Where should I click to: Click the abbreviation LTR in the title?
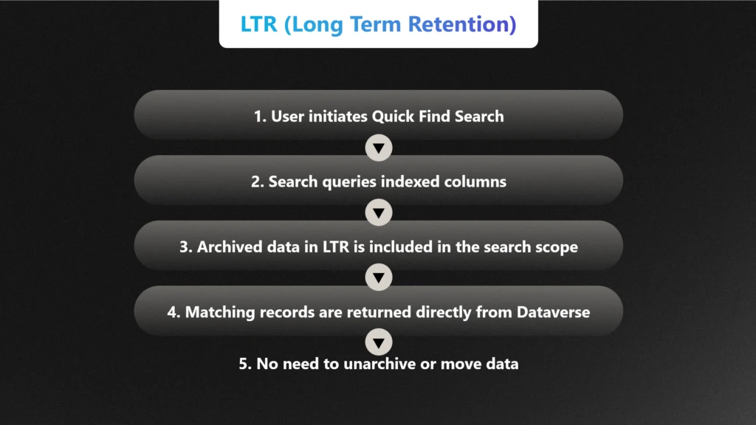coord(258,24)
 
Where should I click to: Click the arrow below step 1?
coord(379,148)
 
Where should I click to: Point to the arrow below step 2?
coord(379,213)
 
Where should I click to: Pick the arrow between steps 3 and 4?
coord(379,278)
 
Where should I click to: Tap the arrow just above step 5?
coord(379,342)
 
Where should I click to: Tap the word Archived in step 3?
coord(228,246)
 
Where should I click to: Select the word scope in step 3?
coord(557,246)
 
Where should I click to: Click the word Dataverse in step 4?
coord(553,312)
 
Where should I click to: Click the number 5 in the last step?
coord(243,364)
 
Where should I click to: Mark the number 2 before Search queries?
coord(255,182)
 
